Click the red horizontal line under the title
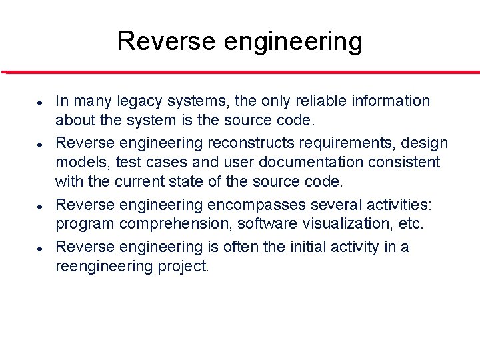240,72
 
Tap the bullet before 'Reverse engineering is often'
40,247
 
